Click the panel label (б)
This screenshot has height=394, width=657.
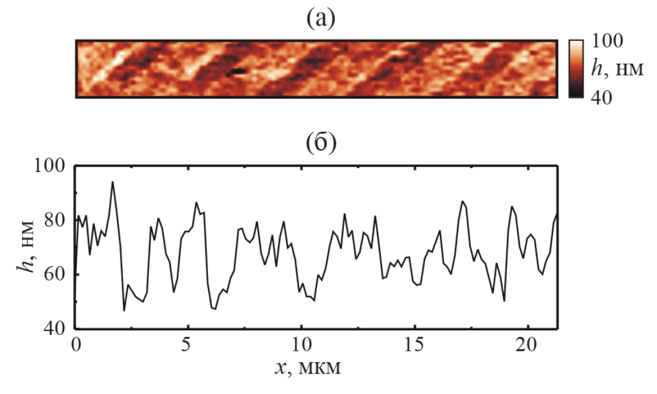[x=322, y=144]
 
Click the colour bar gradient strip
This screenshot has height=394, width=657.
[x=576, y=69]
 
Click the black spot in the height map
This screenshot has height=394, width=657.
[x=238, y=72]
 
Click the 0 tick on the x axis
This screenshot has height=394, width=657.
[x=75, y=346]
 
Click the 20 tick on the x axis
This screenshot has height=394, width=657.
[x=527, y=346]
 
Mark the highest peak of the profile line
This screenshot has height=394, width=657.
[x=113, y=182]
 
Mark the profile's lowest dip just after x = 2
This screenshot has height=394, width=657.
[x=124, y=311]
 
